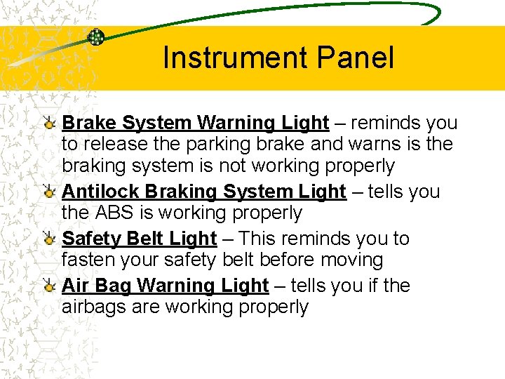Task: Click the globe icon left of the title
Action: click(x=96, y=37)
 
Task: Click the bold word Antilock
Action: click(x=96, y=191)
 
